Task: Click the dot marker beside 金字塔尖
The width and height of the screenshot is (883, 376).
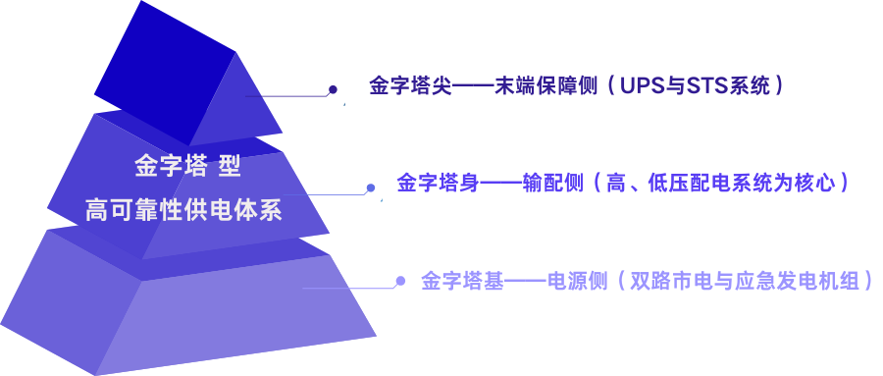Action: (333, 90)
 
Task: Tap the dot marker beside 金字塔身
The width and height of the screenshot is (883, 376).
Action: (370, 188)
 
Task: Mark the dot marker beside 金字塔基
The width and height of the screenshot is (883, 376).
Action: (400, 281)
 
